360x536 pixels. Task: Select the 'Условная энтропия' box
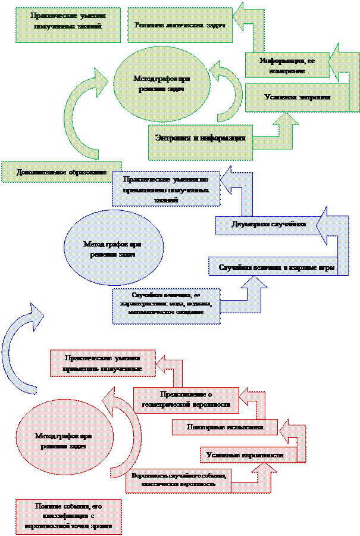pos(298,97)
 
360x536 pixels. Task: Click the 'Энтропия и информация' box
pos(201,139)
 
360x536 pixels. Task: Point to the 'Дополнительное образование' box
pos(61,172)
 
